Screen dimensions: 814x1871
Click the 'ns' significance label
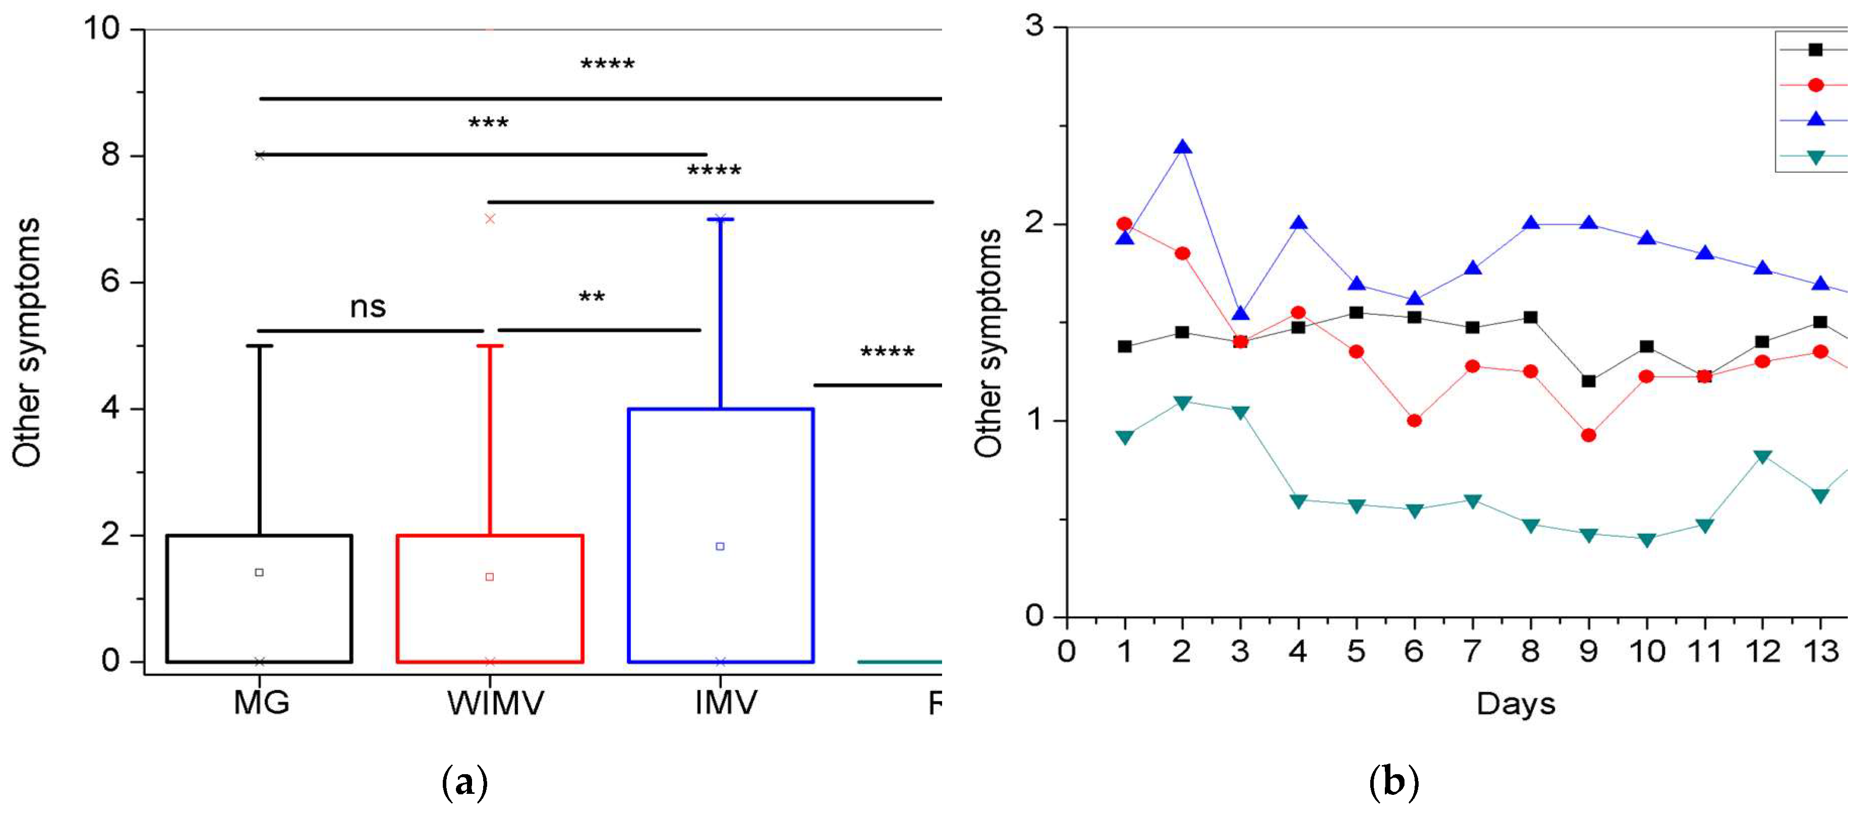point(368,307)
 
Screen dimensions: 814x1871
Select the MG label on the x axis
point(261,702)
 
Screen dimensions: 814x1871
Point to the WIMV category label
point(495,702)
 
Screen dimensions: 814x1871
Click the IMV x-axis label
point(726,702)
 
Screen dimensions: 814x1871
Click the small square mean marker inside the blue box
point(720,546)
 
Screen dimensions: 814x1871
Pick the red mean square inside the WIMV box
point(490,577)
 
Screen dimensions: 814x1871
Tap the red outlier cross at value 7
point(490,219)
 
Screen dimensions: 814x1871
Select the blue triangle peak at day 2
point(1183,147)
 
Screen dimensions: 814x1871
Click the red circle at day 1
point(1124,224)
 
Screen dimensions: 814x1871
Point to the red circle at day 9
point(1589,435)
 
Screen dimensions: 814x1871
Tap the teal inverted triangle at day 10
point(1647,539)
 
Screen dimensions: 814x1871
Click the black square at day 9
point(1589,381)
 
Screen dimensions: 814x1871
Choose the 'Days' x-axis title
point(1516,704)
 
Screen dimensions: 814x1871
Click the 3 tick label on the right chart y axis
point(1034,26)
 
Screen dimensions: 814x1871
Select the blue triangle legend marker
point(1815,119)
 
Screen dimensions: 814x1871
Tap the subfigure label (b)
point(1393,783)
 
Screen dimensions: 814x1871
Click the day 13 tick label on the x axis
point(1821,651)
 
